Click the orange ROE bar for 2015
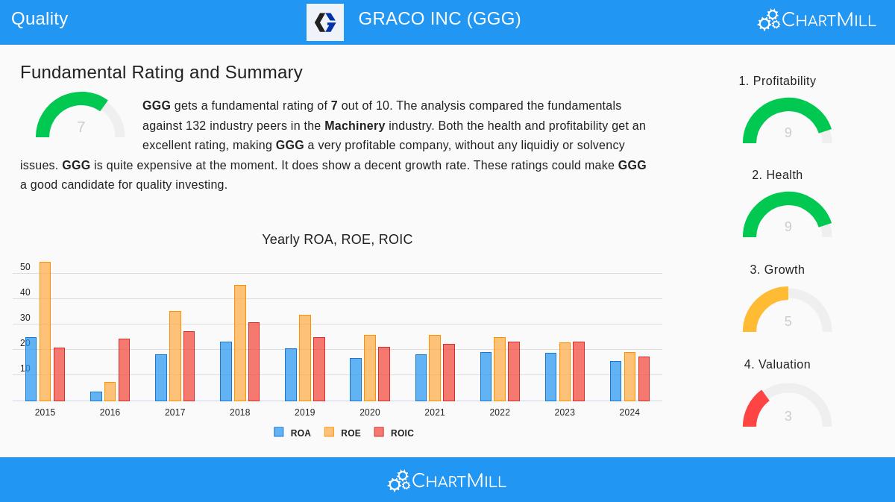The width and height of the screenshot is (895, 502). click(45, 331)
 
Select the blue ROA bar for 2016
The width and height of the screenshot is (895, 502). click(96, 396)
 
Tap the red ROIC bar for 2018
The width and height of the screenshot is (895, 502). click(254, 362)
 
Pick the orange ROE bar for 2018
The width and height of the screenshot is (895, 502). click(240, 343)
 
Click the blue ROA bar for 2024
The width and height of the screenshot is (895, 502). click(615, 381)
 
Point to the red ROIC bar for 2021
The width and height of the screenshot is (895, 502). click(449, 372)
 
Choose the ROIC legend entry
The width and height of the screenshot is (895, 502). click(394, 433)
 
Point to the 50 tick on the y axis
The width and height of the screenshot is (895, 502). click(25, 267)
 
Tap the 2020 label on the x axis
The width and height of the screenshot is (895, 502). click(370, 412)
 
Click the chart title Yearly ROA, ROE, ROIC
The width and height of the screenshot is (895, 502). click(337, 239)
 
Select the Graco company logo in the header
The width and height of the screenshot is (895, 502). click(325, 22)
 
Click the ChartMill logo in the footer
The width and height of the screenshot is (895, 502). click(447, 480)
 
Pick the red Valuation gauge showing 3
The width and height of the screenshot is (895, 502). click(788, 407)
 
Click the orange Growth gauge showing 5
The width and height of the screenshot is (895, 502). click(788, 311)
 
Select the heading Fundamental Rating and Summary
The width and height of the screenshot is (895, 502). click(161, 72)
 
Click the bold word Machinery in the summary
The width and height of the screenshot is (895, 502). click(354, 126)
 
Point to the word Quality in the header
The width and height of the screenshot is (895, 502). click(40, 19)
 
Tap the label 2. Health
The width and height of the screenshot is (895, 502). click(777, 175)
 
